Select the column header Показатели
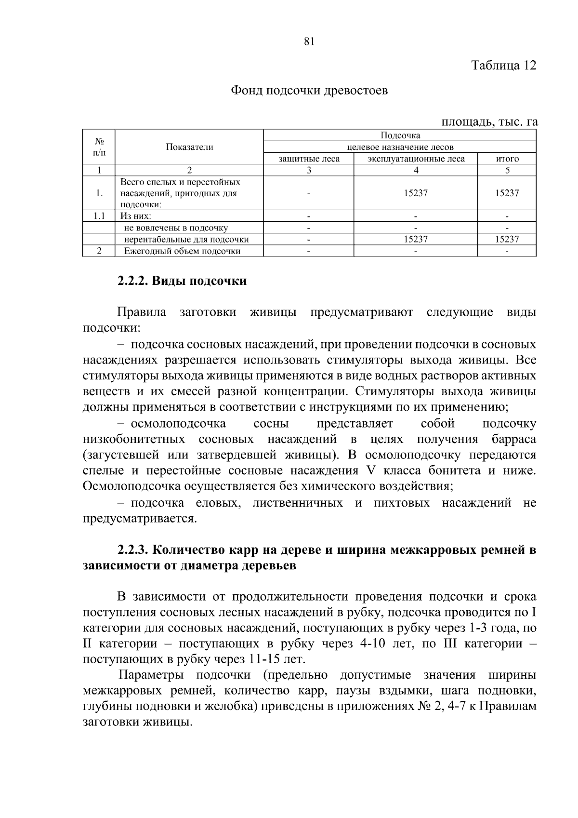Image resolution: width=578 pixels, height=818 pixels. tap(189, 147)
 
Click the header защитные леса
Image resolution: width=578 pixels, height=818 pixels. tap(309, 159)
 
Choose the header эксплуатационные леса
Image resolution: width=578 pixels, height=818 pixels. tap(416, 159)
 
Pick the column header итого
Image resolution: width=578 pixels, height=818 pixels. tap(507, 159)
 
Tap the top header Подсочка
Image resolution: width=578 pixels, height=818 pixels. tap(400, 135)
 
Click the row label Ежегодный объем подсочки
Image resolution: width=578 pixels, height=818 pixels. tap(182, 251)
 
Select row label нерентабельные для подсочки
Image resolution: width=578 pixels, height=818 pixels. tap(186, 239)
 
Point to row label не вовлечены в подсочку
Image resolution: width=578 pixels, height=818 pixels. tap(176, 228)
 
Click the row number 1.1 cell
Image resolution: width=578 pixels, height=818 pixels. tap(99, 216)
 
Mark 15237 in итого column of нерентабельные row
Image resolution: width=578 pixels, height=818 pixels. tap(507, 239)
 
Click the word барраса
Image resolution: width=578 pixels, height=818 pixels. tap(514, 439)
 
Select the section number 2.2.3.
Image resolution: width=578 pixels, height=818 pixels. tap(134, 550)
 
